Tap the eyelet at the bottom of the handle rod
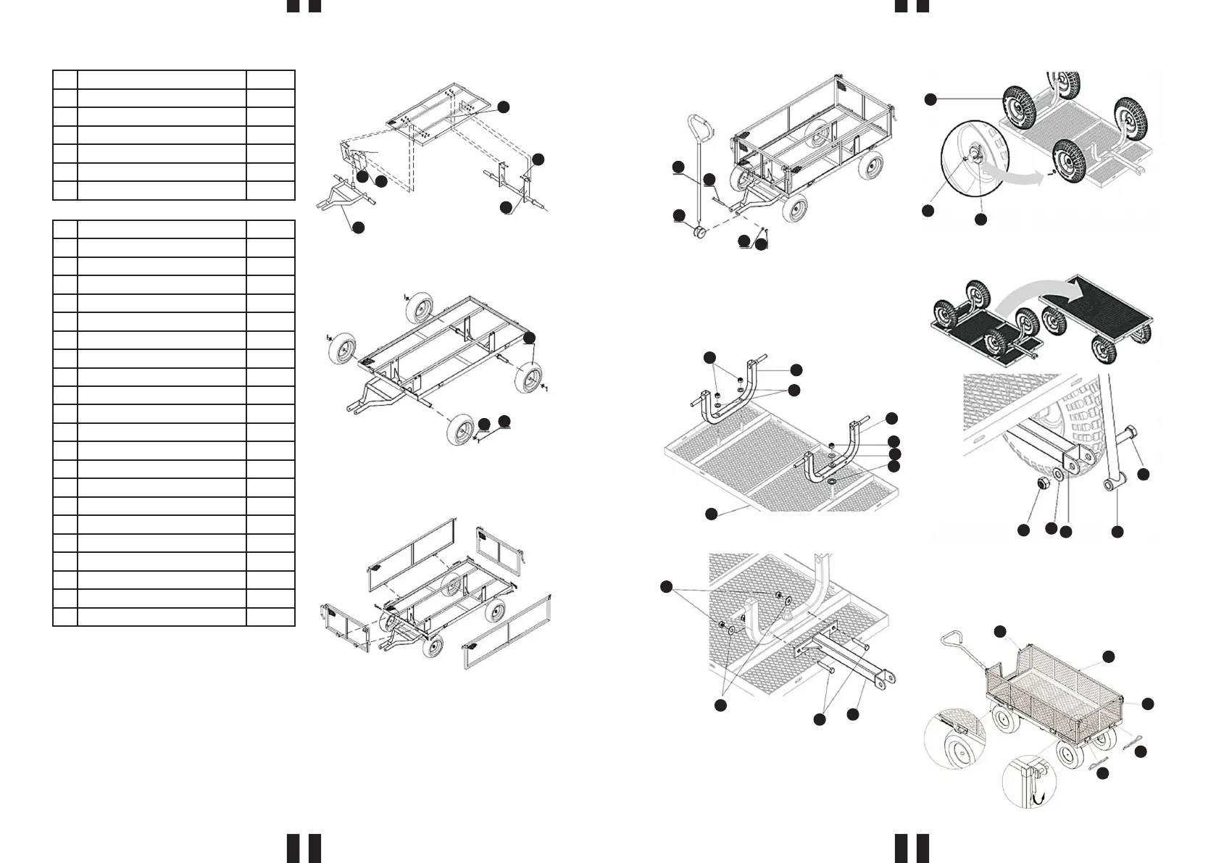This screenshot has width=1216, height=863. tap(1109, 483)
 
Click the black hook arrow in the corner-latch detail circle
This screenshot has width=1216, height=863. tap(1037, 798)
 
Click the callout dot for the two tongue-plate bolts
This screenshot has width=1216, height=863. tap(819, 720)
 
